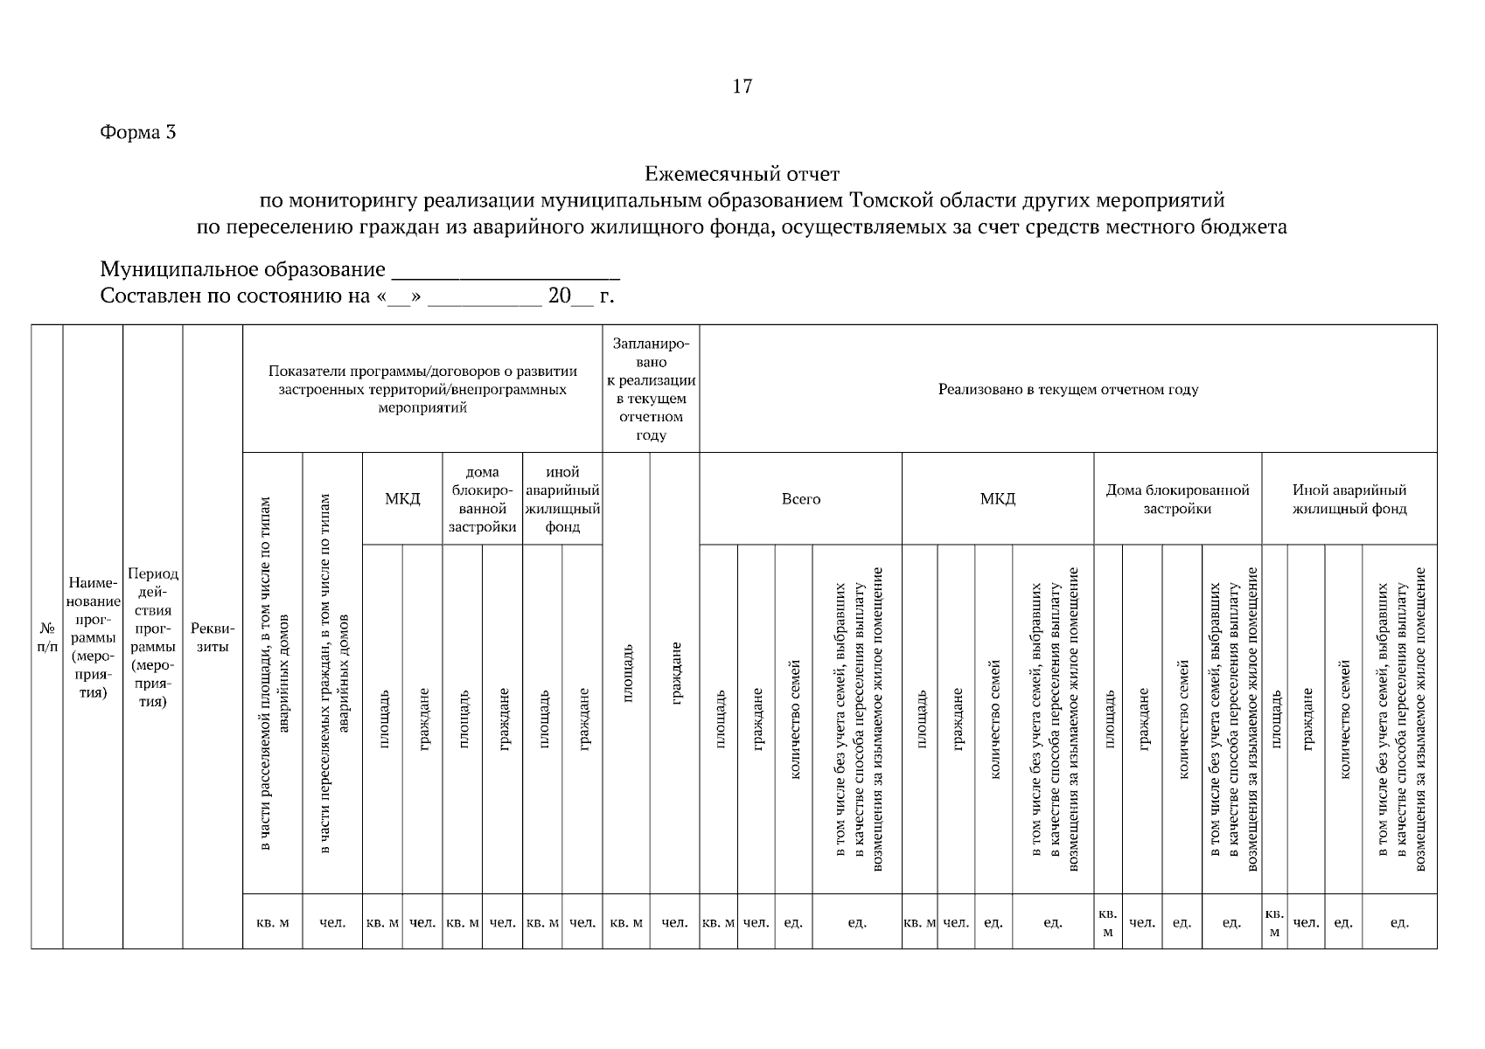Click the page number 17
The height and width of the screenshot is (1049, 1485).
742,87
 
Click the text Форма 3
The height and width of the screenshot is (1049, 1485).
137,133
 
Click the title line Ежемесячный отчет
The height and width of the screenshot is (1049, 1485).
742,175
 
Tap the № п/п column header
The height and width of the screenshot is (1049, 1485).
46,638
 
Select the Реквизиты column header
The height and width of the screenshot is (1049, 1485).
213,638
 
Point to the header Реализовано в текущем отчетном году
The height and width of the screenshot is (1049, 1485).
1068,390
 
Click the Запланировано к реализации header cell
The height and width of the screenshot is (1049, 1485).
651,390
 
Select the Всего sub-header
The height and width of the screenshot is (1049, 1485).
800,499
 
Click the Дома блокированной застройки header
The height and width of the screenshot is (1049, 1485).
1177,499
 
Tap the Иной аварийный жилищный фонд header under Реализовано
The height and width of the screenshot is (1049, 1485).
1349,499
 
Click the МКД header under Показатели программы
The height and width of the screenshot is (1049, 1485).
402,499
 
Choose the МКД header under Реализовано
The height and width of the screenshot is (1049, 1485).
997,499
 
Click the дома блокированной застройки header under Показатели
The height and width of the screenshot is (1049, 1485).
482,499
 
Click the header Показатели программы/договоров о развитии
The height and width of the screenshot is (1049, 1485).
422,389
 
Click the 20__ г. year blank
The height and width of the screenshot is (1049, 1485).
579,296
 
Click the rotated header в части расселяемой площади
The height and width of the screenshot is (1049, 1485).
273,673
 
